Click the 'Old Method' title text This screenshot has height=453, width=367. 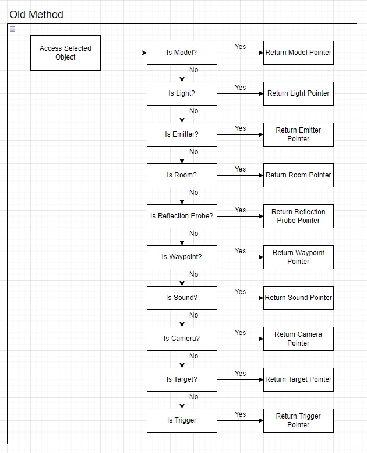click(36, 15)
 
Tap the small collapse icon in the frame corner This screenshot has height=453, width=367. click(12, 29)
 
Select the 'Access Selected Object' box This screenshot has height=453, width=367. click(65, 53)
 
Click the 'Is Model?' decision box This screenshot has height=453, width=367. click(182, 53)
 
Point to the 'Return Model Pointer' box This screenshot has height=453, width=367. click(298, 53)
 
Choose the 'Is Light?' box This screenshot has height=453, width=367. click(182, 93)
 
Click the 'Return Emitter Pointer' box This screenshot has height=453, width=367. click(298, 135)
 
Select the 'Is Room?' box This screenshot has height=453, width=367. click(182, 175)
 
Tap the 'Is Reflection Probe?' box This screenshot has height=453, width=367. click(182, 217)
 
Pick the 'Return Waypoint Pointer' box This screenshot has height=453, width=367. click(298, 257)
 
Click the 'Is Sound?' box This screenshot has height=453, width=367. click(182, 298)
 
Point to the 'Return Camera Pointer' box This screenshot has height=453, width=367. click(298, 339)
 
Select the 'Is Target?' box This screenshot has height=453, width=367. click(182, 380)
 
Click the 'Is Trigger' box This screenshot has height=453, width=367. click(182, 421)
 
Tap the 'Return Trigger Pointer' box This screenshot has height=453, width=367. click(298, 421)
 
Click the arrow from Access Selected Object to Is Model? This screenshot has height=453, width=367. click(123, 53)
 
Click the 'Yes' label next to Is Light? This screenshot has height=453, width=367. click(240, 88)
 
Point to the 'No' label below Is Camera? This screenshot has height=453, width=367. click(194, 356)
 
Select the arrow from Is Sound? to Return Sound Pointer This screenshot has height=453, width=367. click(240, 298)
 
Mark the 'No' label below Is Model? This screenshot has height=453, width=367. click(194, 70)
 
